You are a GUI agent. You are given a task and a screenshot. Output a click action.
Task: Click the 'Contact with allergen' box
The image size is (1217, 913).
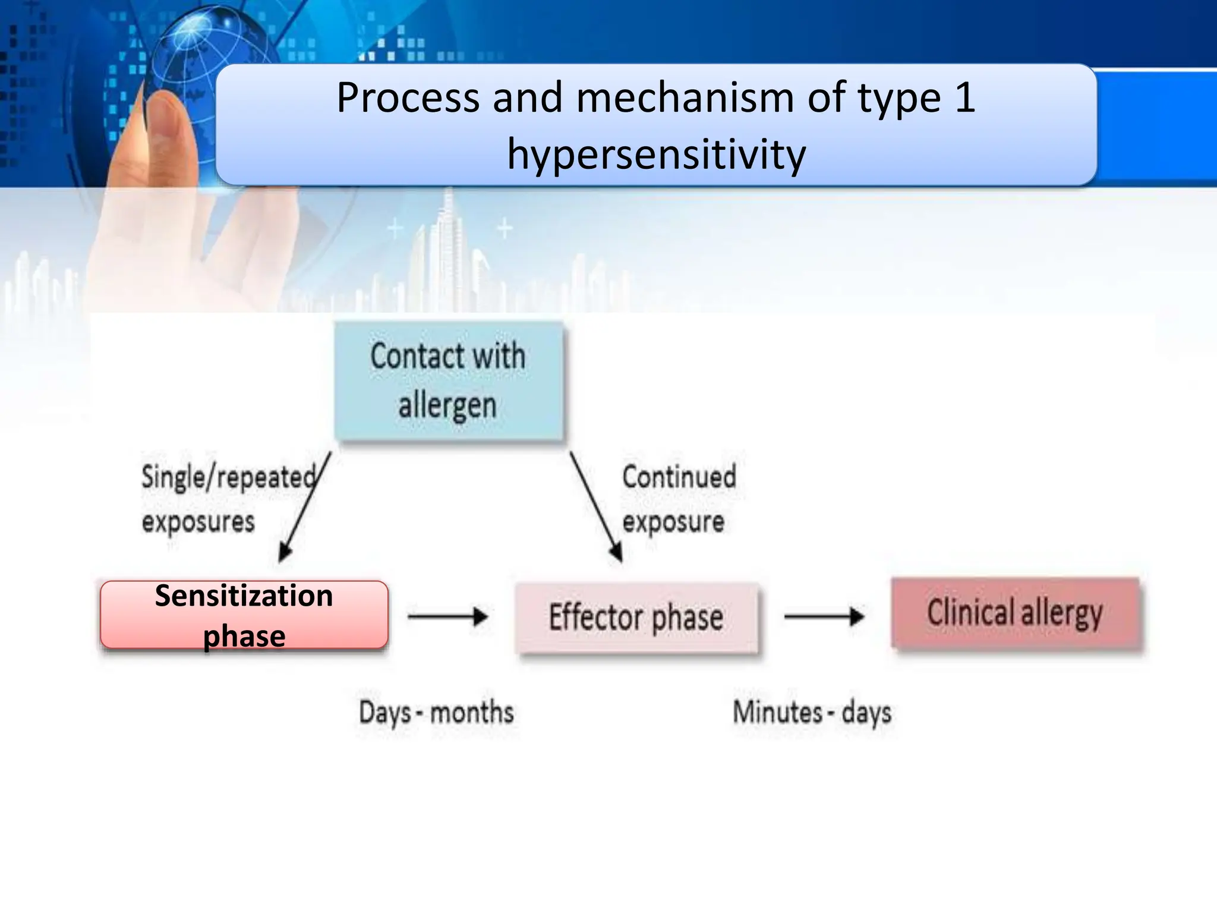click(x=449, y=381)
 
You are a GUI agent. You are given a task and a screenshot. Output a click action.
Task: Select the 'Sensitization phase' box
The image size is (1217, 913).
click(x=244, y=615)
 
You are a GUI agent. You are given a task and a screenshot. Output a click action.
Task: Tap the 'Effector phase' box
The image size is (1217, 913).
click(x=636, y=618)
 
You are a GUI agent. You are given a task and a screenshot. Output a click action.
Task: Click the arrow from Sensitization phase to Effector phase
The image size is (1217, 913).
click(x=448, y=616)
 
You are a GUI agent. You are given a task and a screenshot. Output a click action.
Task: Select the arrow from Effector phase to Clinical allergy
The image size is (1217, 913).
click(x=824, y=616)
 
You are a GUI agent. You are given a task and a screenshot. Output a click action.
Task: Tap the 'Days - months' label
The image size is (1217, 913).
click(x=436, y=712)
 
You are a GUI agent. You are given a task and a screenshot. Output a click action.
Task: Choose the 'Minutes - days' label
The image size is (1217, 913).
click(x=812, y=712)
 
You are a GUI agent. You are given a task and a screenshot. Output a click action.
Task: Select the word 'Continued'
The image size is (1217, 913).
click(x=679, y=477)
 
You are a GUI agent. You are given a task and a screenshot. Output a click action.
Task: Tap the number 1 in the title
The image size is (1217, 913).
click(x=964, y=97)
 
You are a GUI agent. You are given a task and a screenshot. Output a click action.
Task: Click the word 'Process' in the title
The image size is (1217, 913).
click(x=408, y=97)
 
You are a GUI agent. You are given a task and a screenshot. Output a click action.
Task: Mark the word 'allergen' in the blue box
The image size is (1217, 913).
click(x=447, y=406)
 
